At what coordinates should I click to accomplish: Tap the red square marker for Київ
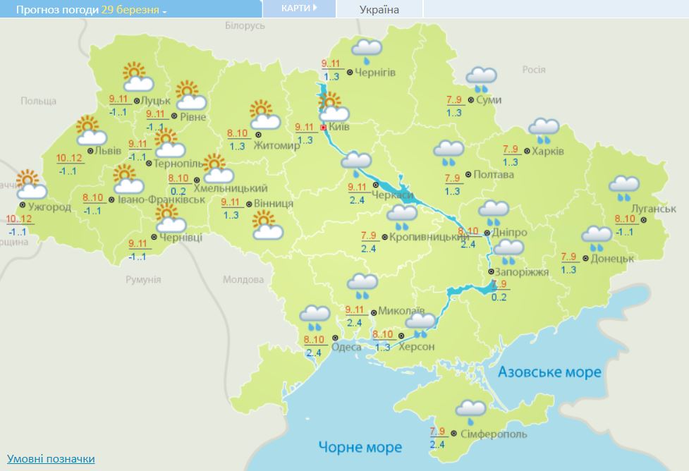[324, 128]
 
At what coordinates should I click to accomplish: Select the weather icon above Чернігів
[367, 49]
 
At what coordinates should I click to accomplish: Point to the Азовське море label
[549, 372]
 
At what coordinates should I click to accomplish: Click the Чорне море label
[360, 446]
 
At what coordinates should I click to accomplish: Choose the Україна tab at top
[379, 9]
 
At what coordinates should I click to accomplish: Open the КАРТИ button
[298, 8]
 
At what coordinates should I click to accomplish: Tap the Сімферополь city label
[493, 434]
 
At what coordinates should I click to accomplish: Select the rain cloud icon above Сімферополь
[470, 410]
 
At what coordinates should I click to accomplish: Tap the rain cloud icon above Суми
[482, 78]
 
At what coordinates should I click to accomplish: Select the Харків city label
[548, 150]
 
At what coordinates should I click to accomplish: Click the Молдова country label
[243, 280]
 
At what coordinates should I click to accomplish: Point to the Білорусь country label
[245, 25]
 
